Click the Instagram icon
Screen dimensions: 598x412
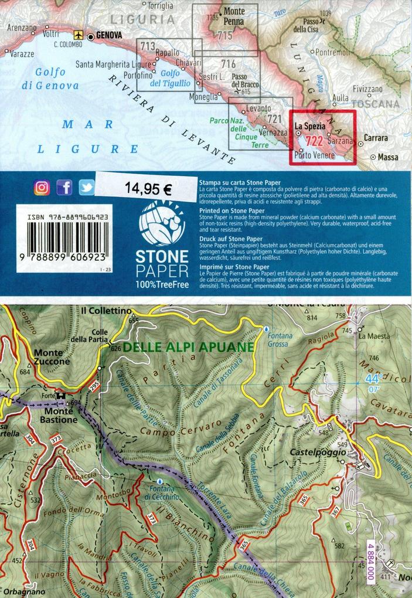click(x=42, y=188)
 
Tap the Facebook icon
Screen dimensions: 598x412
click(x=64, y=188)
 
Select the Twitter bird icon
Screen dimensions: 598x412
click(x=87, y=188)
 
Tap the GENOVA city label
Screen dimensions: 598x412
click(x=109, y=36)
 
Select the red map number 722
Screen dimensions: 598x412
click(x=314, y=141)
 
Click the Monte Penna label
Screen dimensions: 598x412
click(x=234, y=16)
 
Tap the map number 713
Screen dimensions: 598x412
click(x=148, y=46)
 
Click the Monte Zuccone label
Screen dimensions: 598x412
click(x=52, y=357)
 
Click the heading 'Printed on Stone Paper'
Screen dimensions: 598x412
click(x=232, y=210)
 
